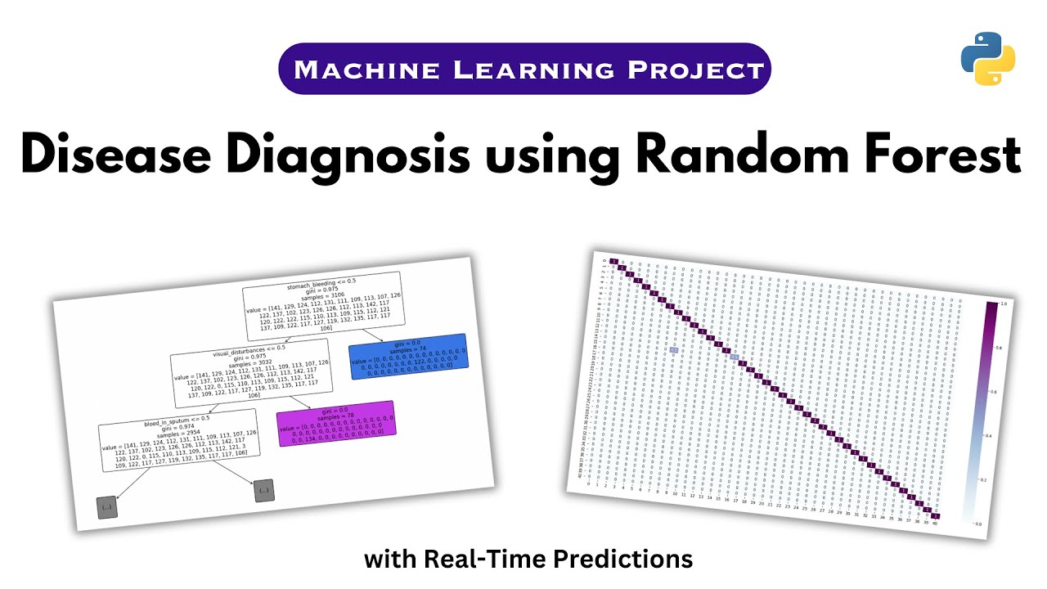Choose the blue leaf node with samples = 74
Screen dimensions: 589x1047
click(407, 356)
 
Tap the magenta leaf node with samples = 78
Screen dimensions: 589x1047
click(336, 423)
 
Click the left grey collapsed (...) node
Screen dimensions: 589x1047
click(106, 508)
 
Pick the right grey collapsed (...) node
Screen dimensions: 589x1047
click(263, 491)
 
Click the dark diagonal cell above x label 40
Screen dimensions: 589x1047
click(936, 515)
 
